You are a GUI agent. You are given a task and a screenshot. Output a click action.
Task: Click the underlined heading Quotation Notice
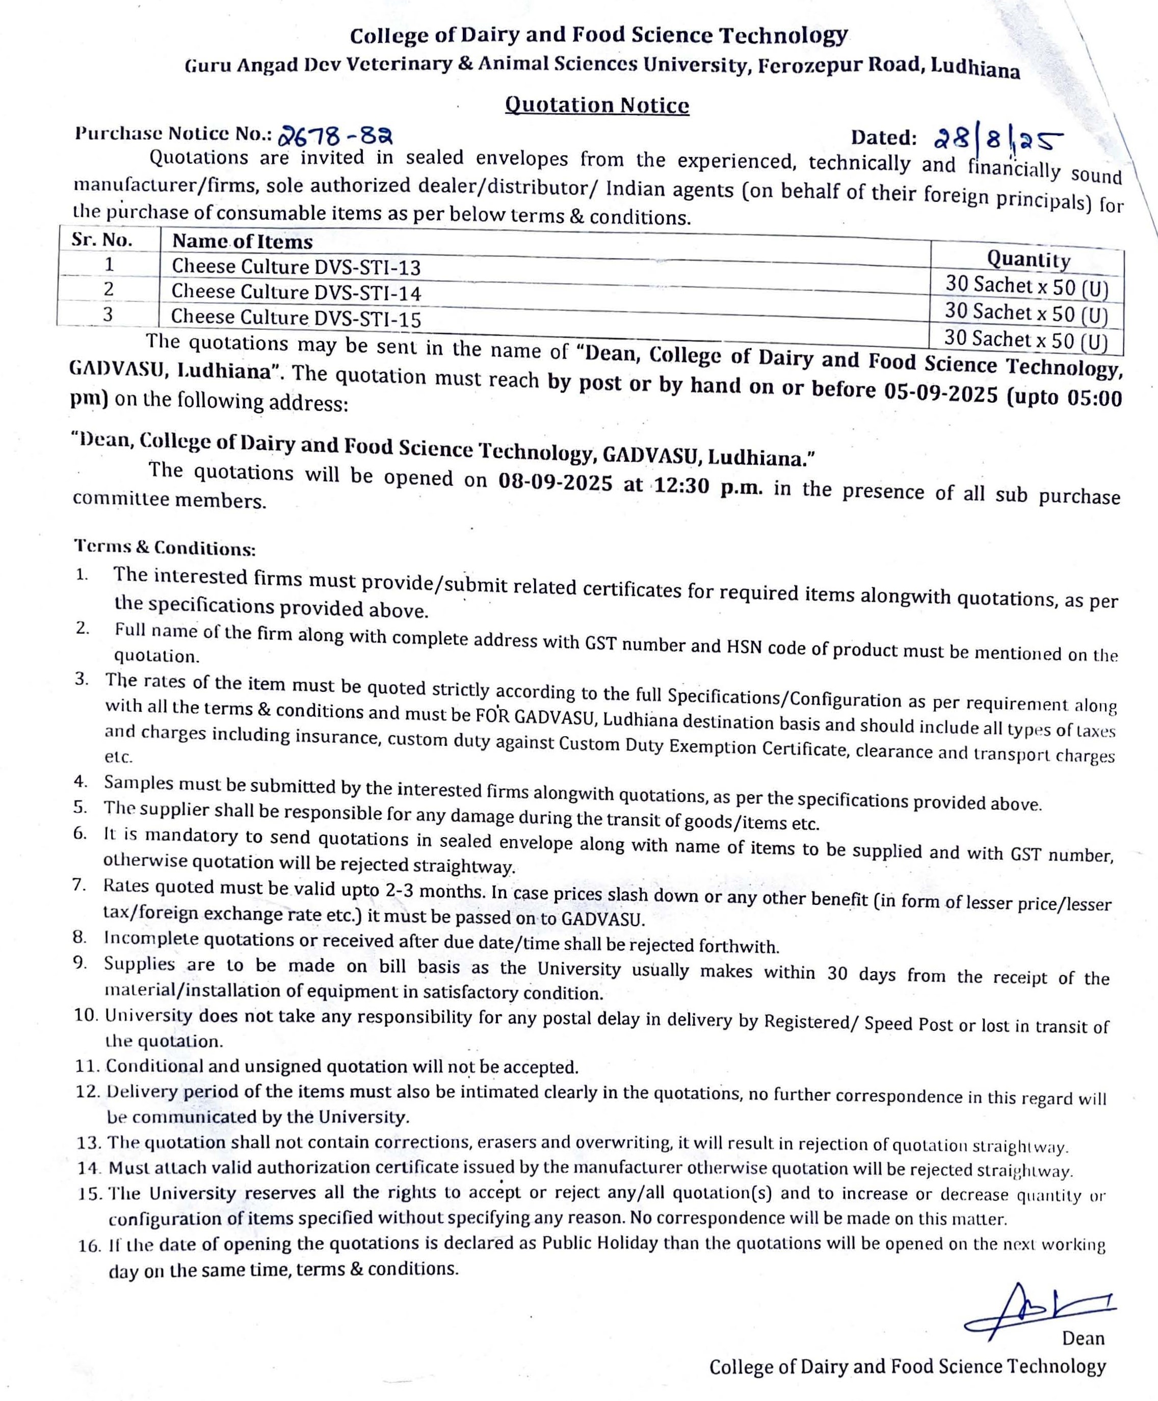[x=596, y=106]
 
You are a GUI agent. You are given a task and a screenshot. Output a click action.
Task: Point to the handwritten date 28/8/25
[x=996, y=139]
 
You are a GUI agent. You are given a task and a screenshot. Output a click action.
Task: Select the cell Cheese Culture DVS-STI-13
[x=296, y=267]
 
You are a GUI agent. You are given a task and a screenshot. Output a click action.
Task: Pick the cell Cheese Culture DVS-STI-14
[x=296, y=292]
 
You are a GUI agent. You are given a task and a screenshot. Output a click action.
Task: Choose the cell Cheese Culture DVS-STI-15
[x=296, y=318]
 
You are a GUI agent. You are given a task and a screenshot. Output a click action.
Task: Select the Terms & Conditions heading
[x=165, y=548]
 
